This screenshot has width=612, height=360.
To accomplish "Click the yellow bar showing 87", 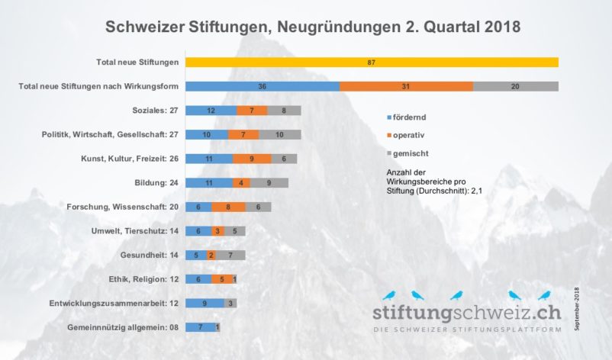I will [371, 62].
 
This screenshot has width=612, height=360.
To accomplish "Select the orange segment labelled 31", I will [406, 86].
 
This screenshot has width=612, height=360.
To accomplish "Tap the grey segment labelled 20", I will [516, 86].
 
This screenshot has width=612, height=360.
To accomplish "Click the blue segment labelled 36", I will [262, 86].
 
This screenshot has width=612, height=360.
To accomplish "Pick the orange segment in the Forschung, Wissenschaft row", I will [228, 207].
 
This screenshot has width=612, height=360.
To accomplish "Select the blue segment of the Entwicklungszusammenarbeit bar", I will [205, 303].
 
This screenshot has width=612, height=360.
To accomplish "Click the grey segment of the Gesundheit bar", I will [230, 255].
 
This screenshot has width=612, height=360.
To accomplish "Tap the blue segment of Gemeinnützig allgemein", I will [200, 327].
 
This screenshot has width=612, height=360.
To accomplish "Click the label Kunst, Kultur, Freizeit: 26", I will [130, 159].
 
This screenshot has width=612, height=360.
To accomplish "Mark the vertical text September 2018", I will [577, 309].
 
